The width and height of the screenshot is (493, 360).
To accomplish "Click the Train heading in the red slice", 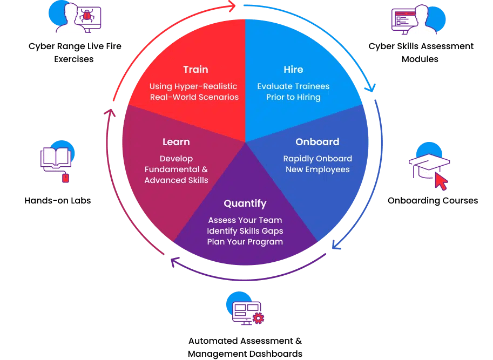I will click(195, 70).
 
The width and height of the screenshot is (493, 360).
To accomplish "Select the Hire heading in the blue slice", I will click(293, 70).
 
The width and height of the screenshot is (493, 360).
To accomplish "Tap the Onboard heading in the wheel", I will click(318, 142).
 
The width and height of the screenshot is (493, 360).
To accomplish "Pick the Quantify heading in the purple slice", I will click(245, 203).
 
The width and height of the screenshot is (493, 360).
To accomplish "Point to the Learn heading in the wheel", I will click(176, 142).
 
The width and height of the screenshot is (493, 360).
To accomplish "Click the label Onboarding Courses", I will click(433, 201).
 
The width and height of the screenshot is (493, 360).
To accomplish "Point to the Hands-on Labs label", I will click(58, 201).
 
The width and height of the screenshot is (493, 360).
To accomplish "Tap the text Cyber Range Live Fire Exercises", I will click(75, 53).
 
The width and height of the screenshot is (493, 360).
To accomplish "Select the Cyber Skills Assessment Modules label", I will click(421, 53).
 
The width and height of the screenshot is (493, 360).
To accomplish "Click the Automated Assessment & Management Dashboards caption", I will click(245, 348).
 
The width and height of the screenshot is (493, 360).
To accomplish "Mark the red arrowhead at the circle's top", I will click(231, 6).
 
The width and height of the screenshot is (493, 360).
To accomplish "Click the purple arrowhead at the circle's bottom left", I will click(174, 262).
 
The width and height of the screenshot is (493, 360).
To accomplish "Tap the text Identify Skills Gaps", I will click(245, 231).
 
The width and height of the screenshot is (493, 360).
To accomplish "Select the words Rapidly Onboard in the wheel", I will click(318, 159).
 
